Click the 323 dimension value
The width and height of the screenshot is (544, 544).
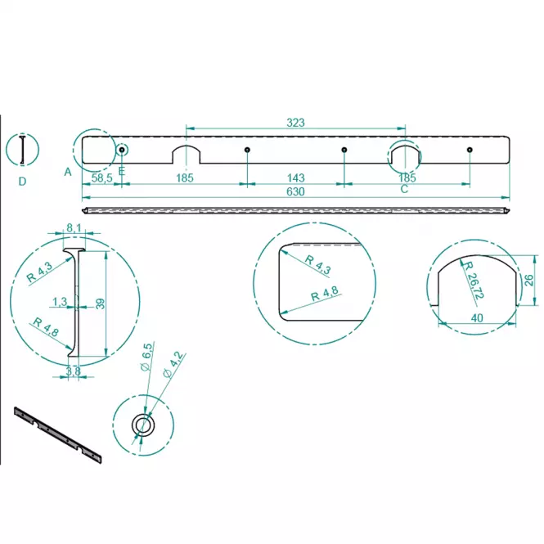295,123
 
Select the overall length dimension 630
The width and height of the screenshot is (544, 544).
295,191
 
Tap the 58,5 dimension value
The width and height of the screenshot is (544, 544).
102,178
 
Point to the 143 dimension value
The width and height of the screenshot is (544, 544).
296,178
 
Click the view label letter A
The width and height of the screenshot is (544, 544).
68,172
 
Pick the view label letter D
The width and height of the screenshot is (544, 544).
22,181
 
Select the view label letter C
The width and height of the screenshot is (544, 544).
404,189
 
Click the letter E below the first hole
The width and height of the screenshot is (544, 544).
121,171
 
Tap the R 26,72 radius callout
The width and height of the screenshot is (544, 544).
473,281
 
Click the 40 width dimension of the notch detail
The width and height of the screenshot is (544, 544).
478,317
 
